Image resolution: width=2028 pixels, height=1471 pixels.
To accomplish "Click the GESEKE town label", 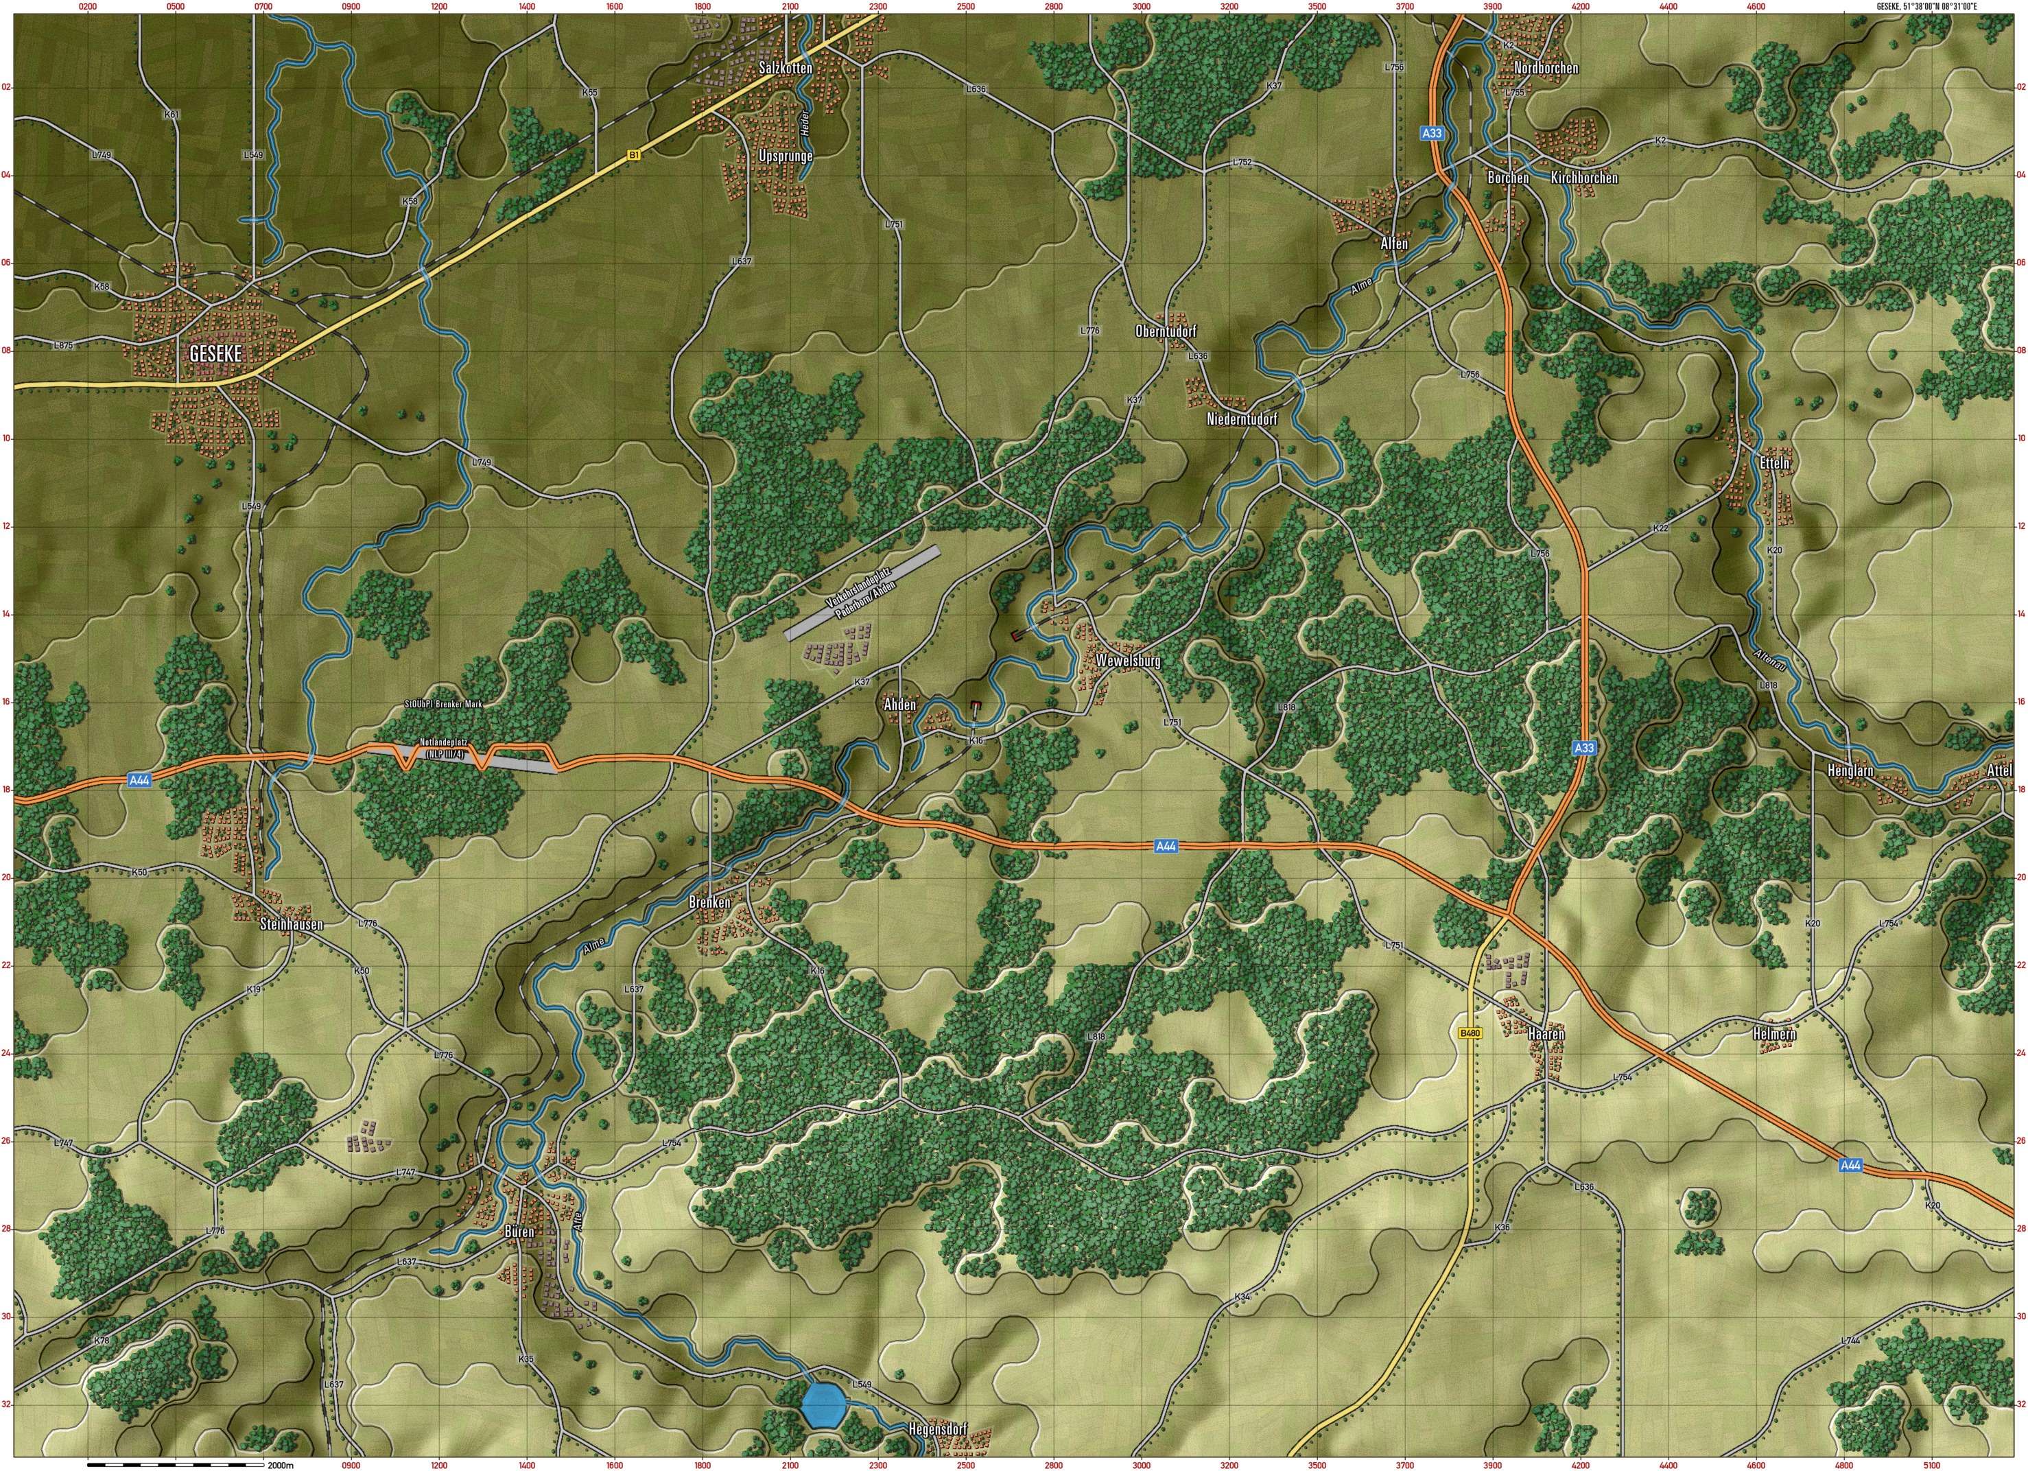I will click(x=215, y=353).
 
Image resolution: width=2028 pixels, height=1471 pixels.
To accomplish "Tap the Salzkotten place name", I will click(x=785, y=68).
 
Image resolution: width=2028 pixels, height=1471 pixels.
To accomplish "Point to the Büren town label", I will click(x=519, y=1232).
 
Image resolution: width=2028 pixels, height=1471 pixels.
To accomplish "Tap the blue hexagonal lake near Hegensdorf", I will click(x=823, y=1405).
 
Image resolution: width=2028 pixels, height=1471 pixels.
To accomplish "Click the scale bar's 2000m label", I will click(x=280, y=1465).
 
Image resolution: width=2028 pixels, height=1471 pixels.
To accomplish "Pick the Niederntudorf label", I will click(x=1242, y=419).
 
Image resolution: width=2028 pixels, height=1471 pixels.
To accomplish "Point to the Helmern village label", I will click(x=1774, y=1035).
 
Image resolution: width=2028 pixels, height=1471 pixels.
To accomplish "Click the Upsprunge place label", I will click(x=785, y=156).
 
